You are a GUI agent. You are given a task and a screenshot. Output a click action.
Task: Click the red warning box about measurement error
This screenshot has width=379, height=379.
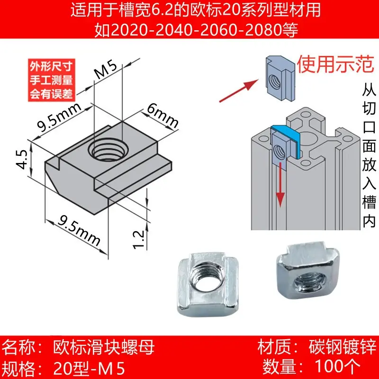[x=49, y=79]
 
